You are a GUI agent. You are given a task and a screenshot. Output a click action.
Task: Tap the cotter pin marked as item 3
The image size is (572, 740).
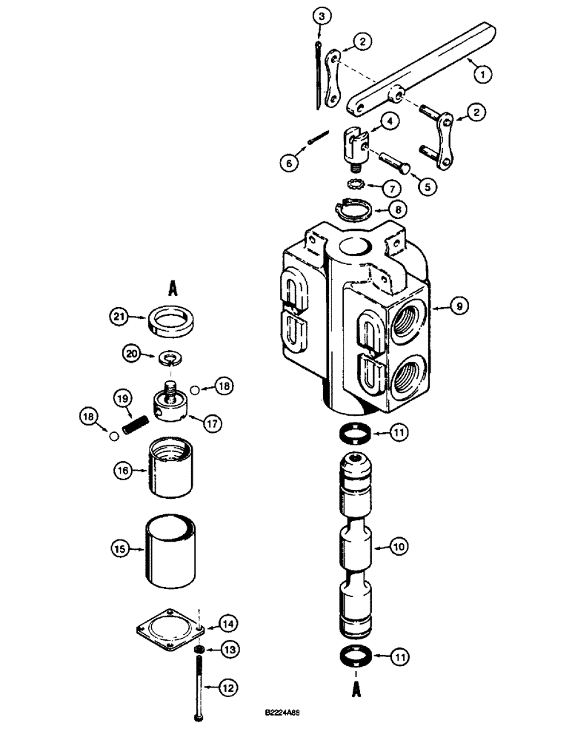click(319, 78)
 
